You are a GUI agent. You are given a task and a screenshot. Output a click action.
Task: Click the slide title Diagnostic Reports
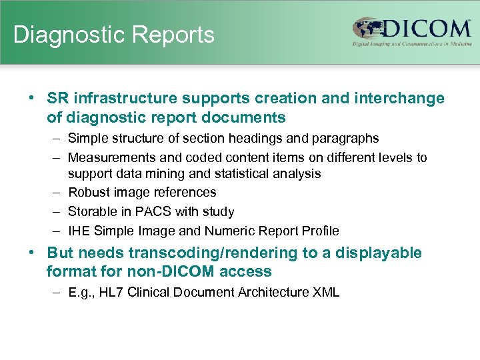coord(113,35)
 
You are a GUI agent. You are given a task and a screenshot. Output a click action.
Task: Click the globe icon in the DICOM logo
coord(367,30)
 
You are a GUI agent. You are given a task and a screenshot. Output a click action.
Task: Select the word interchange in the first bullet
coord(402,99)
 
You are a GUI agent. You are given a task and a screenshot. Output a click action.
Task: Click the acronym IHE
coord(78,231)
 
